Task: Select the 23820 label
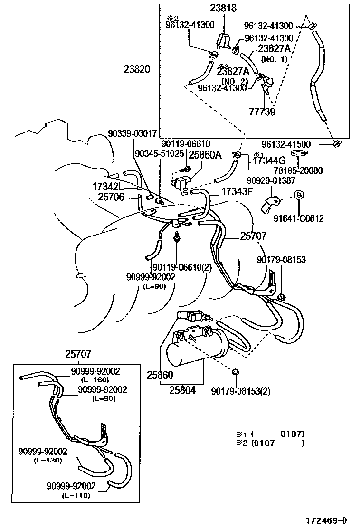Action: point(136,71)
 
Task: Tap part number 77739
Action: point(262,113)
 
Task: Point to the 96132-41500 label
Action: point(290,143)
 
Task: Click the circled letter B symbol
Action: point(299,194)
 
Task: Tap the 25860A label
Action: point(205,154)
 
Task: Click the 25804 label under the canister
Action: point(183,391)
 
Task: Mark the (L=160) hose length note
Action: point(95,379)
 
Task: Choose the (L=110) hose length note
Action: point(76,496)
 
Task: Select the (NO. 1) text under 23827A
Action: point(274,59)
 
